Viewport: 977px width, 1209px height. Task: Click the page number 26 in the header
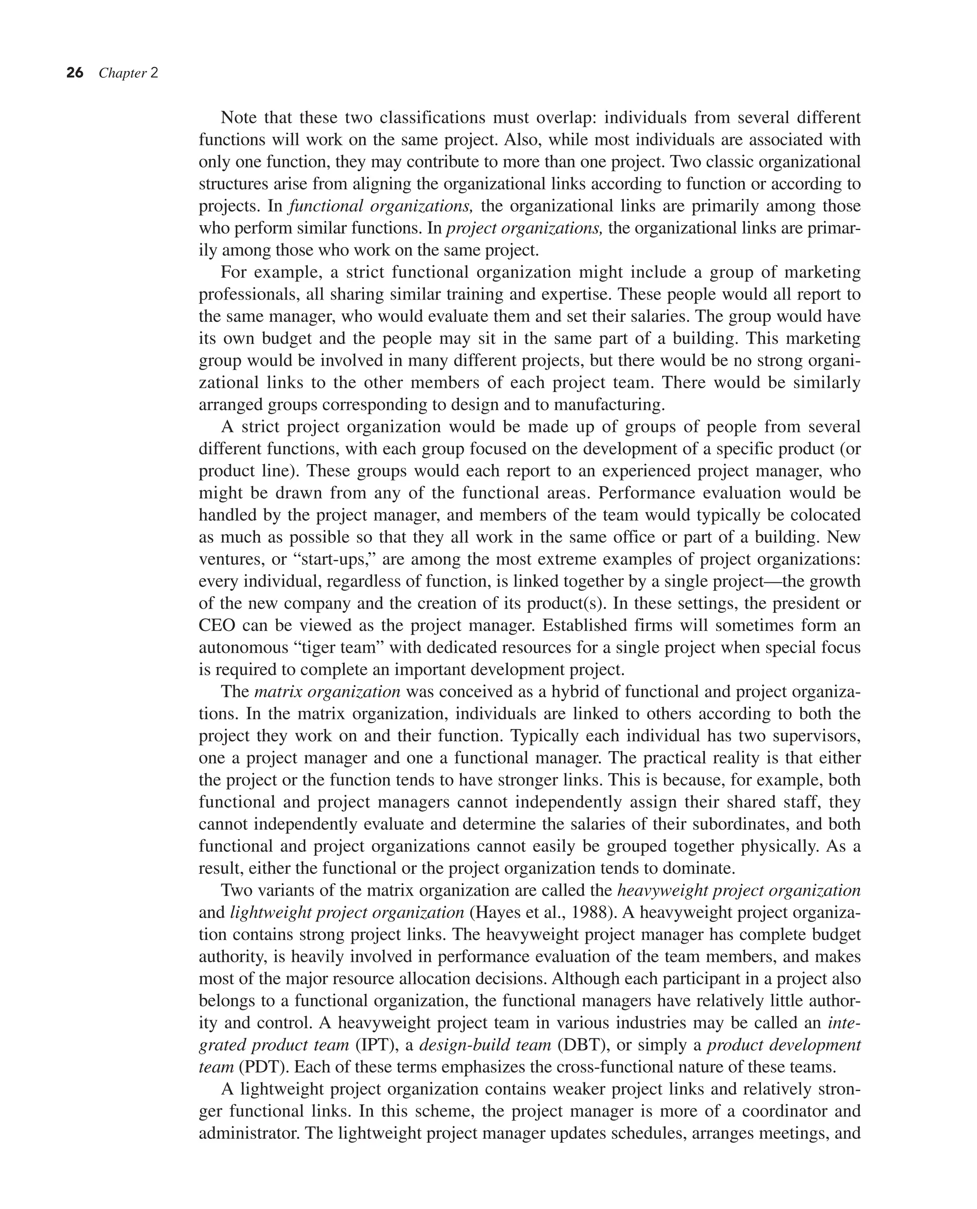(75, 73)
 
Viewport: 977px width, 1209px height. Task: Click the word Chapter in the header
(123, 73)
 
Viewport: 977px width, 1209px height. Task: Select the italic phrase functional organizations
(380, 206)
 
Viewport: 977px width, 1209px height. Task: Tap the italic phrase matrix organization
(327, 692)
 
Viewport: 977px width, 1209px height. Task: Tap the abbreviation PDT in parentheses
(264, 1067)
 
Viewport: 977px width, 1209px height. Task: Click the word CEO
(217, 625)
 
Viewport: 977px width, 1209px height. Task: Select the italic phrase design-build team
(485, 1045)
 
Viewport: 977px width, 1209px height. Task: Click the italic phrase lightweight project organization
(347, 912)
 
